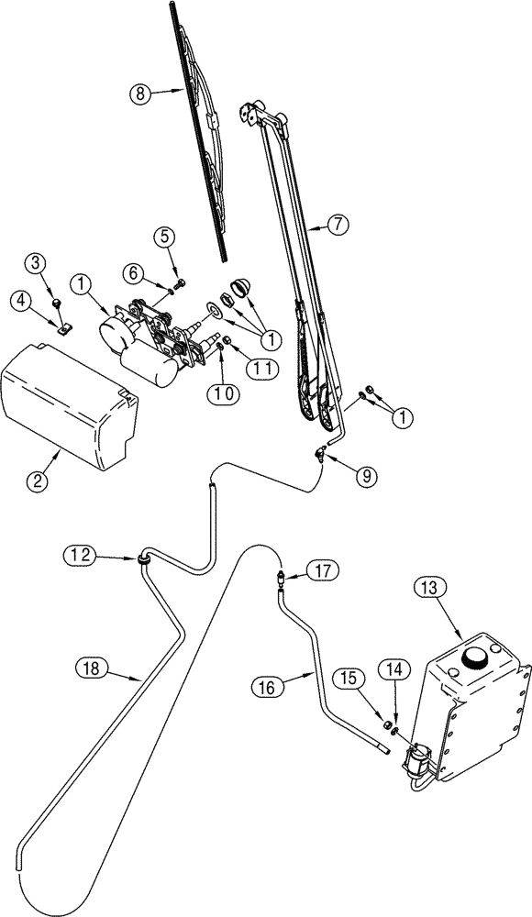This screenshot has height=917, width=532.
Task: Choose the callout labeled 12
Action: click(x=79, y=554)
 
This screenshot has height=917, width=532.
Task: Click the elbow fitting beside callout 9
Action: click(x=321, y=450)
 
